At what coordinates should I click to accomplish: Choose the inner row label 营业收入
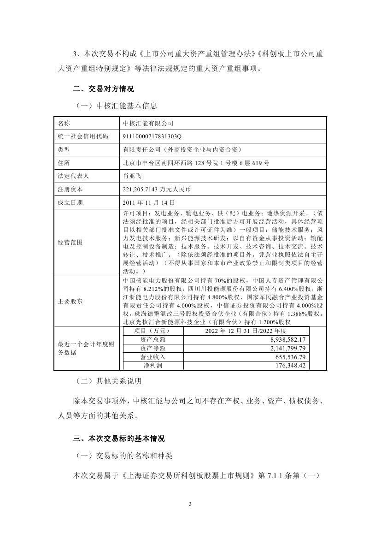click(x=152, y=356)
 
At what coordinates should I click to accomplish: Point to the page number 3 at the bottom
click(x=190, y=504)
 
